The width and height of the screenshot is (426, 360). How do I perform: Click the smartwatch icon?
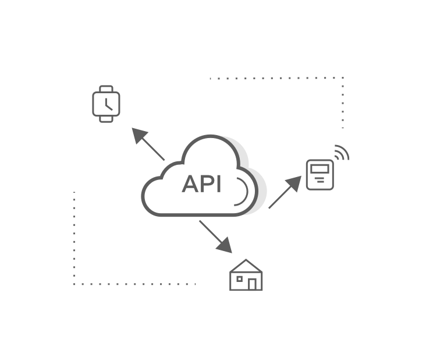coord(105,104)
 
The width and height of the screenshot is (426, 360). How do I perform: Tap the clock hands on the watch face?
coord(106,104)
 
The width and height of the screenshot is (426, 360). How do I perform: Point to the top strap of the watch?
coord(105,89)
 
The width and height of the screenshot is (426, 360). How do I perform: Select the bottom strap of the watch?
coord(105,119)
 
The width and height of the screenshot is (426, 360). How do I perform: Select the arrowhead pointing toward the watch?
coord(140,136)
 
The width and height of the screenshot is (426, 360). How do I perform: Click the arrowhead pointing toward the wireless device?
coord(294,183)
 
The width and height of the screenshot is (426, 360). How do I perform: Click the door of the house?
coord(253,284)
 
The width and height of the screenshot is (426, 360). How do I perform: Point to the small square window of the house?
coord(239,279)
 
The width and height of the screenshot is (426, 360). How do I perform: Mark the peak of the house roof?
coord(246,260)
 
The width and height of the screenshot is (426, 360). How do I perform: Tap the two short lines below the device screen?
coord(320,181)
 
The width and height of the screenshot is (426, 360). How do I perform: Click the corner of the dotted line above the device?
coord(343,78)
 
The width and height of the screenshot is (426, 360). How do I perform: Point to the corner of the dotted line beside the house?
coord(74,284)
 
